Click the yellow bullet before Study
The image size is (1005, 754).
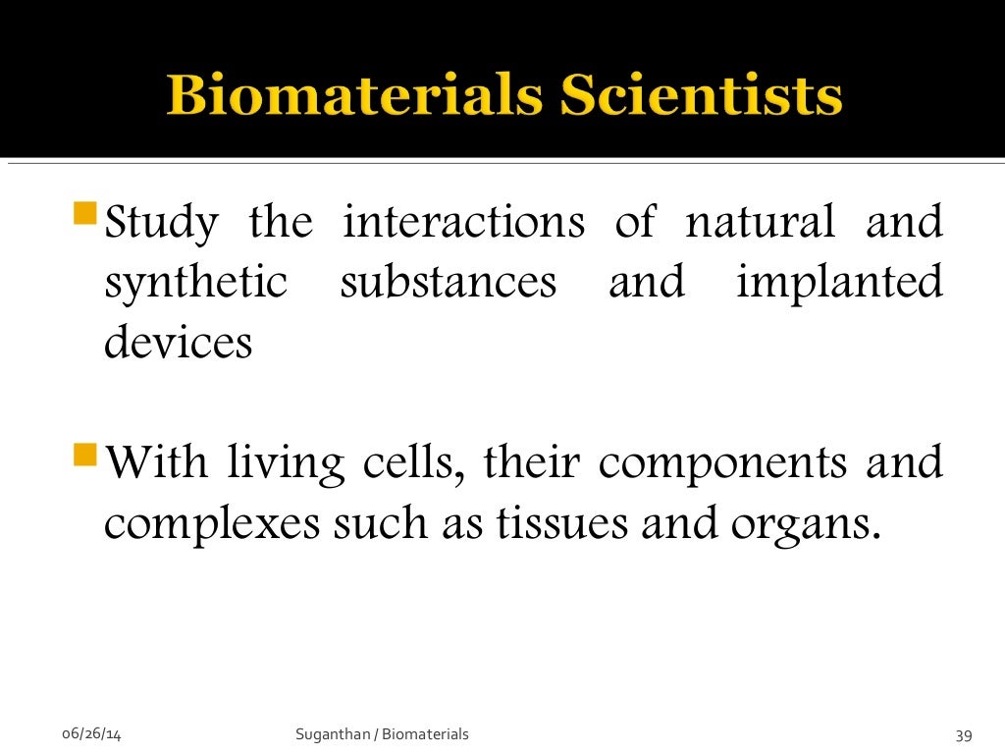click(x=86, y=212)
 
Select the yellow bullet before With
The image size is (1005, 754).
click(x=86, y=456)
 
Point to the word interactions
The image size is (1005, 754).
click(x=462, y=222)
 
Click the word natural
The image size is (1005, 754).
click(x=761, y=222)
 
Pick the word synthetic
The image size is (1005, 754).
click(x=195, y=284)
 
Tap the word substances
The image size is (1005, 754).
click(x=448, y=283)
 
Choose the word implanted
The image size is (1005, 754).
click(x=839, y=284)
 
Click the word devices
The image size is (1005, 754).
click(x=178, y=343)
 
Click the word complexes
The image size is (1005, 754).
click(x=212, y=525)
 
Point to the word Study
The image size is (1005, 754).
click(x=162, y=224)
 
